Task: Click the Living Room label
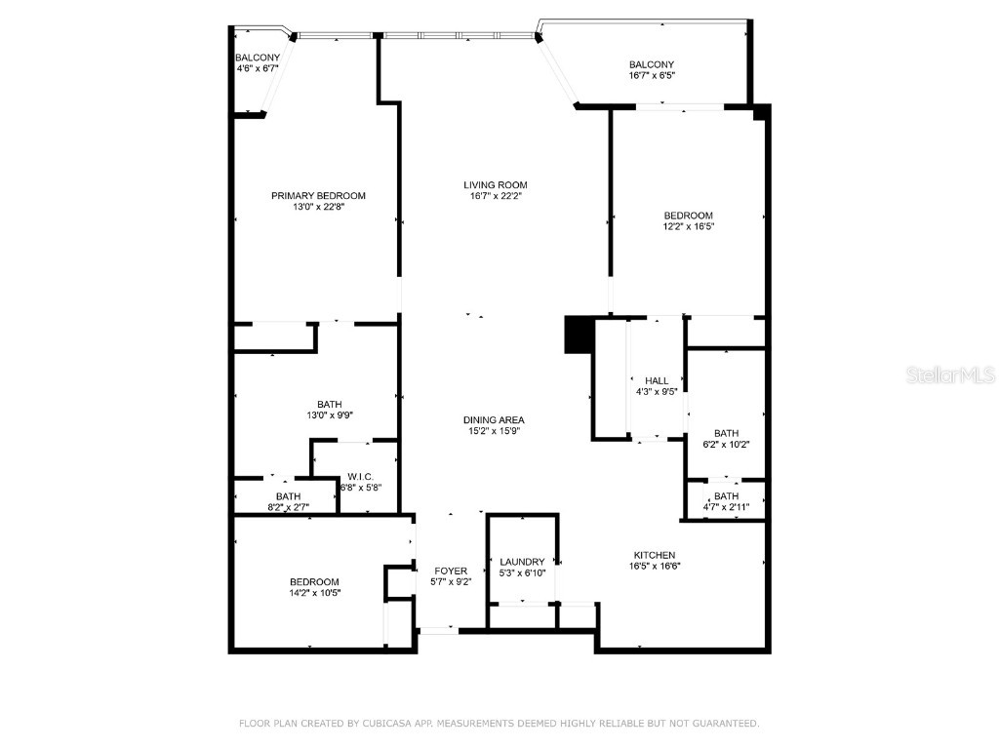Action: (495, 184)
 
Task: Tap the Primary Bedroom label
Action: (318, 195)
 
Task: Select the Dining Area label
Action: (494, 419)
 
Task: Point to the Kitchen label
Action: (653, 555)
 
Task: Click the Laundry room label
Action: (522, 562)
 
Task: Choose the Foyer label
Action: (451, 571)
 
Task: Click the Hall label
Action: (657, 380)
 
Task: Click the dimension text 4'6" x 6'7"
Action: (258, 68)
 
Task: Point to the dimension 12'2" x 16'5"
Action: (689, 226)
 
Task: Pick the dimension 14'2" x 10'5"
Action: (313, 592)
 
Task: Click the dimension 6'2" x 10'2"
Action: (726, 444)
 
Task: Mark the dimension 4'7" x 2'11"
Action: (726, 506)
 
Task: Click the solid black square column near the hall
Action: (579, 335)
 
